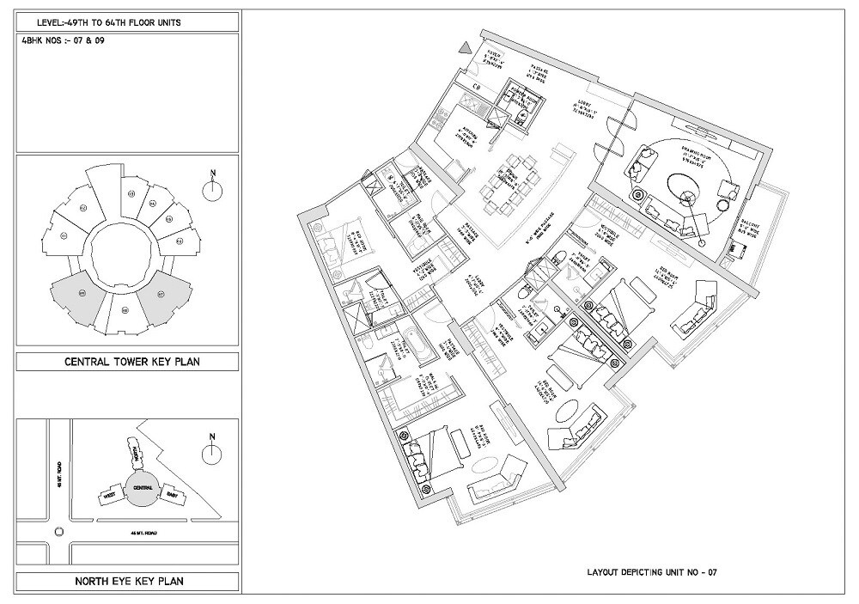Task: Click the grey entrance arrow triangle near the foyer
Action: tap(465, 49)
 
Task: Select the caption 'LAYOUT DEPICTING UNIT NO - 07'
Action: tap(652, 570)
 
